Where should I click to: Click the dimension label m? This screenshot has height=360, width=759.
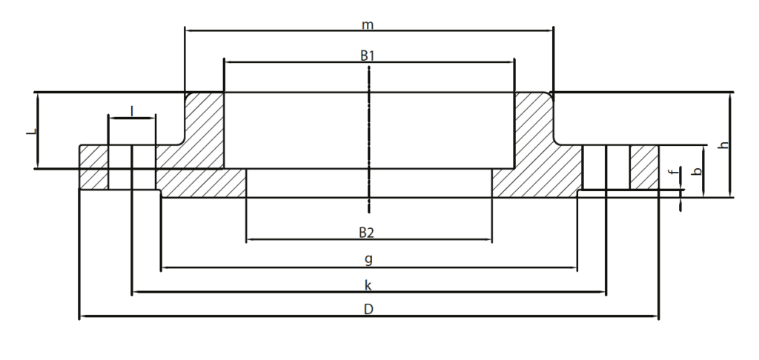[368, 24]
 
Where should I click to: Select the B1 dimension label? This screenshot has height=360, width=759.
[368, 56]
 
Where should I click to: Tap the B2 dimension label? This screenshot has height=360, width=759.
[367, 233]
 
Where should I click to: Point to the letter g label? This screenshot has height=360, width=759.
[368, 259]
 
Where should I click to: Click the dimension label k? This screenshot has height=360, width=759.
[368, 285]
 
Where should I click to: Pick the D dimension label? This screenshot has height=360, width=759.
[368, 309]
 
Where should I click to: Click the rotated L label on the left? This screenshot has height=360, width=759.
[31, 131]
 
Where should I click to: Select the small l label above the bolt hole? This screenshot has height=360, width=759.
[132, 112]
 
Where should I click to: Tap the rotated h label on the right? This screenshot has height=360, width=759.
[723, 144]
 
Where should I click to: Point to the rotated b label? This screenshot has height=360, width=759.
[697, 171]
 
